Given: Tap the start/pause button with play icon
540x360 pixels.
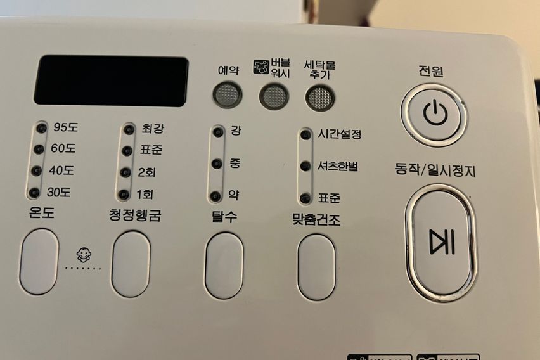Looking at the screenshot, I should pyautogui.click(x=441, y=241).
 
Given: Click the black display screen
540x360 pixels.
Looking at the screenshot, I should pyautogui.click(x=111, y=80).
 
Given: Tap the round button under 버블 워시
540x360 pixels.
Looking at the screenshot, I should pyautogui.click(x=273, y=96).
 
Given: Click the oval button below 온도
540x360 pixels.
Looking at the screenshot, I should pyautogui.click(x=39, y=262).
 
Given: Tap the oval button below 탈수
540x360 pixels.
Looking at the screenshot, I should pyautogui.click(x=224, y=265).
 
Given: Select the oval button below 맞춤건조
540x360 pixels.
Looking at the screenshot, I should pyautogui.click(x=316, y=267).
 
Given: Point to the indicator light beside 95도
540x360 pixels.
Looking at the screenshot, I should pyautogui.click(x=41, y=128).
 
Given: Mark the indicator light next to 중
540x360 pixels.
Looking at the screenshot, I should pyautogui.click(x=218, y=164).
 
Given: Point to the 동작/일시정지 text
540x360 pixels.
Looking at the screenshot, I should pyautogui.click(x=435, y=170).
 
